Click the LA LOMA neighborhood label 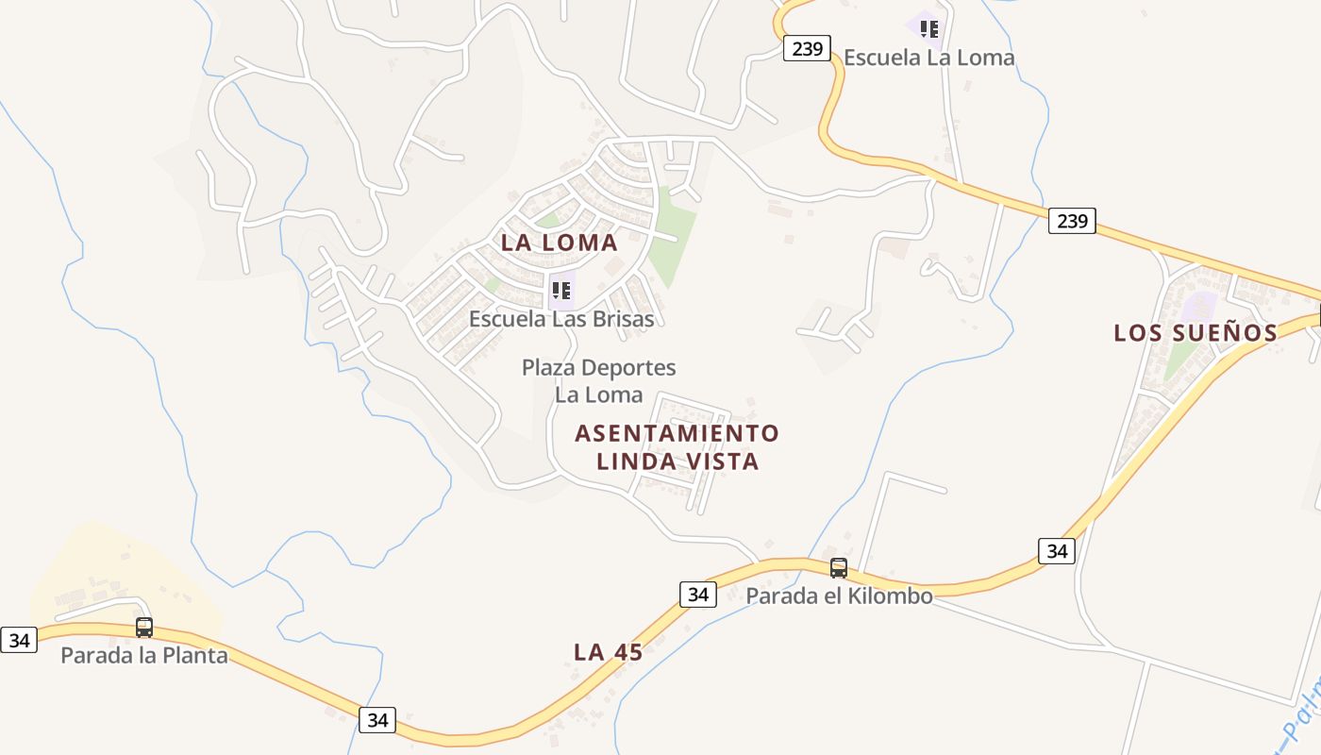(559, 243)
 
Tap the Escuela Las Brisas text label (561, 319)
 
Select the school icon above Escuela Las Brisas (561, 290)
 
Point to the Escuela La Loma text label (928, 58)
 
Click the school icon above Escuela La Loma (929, 29)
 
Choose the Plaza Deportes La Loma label (598, 380)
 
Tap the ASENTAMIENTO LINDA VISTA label (677, 447)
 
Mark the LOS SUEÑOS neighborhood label (1196, 333)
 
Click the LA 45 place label (609, 652)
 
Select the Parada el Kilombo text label (839, 596)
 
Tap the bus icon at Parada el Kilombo (839, 568)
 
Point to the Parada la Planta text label (144, 655)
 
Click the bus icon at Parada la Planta (144, 627)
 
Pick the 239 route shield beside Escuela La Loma (807, 49)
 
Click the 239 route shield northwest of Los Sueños (1072, 222)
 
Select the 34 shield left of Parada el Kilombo (697, 595)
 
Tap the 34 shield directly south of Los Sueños (1057, 551)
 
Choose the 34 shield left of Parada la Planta (19, 641)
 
